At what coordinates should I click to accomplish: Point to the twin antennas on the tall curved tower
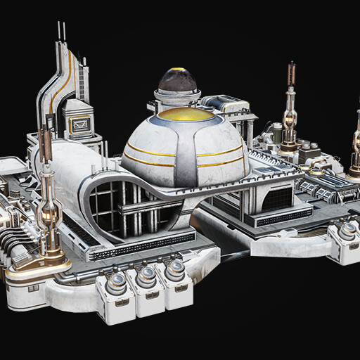[x=61, y=32]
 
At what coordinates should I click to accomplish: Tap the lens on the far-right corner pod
[x=347, y=230]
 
